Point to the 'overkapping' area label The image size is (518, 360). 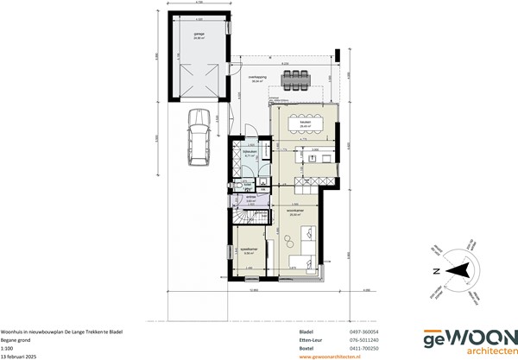pyautogui.click(x=257, y=78)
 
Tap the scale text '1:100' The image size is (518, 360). pyautogui.click(x=8, y=347)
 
